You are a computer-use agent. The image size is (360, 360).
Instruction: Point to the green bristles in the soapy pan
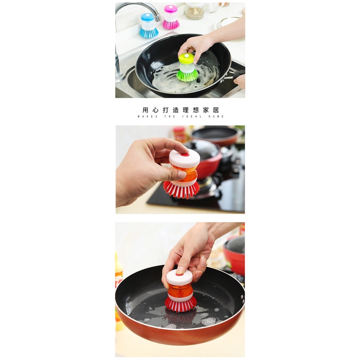point(187,75)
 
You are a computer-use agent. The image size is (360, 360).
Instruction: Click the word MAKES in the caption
point(145,117)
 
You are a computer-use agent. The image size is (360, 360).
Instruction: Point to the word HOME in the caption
point(217,117)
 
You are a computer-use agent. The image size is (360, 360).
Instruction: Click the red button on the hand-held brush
point(185,154)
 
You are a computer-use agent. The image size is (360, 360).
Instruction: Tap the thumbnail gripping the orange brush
point(180,175)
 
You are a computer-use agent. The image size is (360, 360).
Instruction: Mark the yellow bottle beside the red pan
point(119,276)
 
